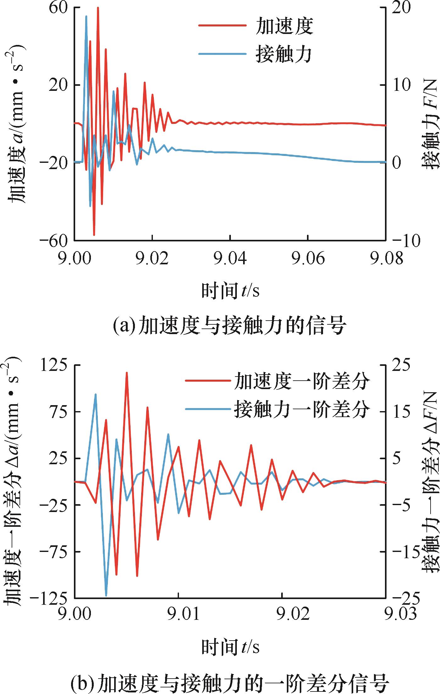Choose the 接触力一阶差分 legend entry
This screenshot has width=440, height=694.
point(277,409)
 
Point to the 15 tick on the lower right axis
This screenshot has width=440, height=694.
point(401,412)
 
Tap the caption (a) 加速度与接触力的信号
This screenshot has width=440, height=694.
point(230,325)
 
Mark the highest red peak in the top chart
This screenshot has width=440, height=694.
point(98,8)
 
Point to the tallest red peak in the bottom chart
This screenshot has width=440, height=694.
point(127,373)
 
